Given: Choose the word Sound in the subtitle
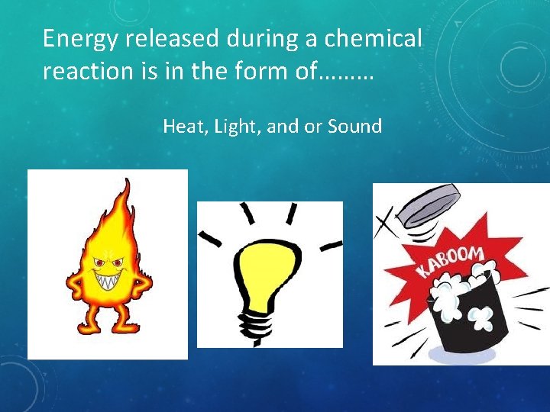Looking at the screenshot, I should click(x=354, y=127).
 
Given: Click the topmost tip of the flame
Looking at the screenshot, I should click(x=127, y=180).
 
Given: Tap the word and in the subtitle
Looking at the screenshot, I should click(x=283, y=127).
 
